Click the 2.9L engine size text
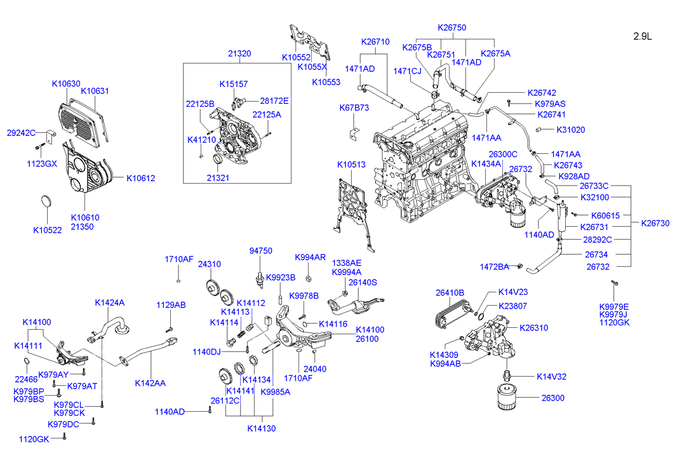point(642,36)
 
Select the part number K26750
point(451,27)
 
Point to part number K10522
point(48,230)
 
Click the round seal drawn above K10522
point(46,201)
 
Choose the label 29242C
point(21,133)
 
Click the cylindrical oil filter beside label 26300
point(508,398)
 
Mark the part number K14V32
point(551,376)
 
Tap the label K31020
point(571,130)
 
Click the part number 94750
point(260,251)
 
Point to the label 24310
point(210,264)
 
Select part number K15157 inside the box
point(234,84)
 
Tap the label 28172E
point(274,100)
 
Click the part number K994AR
point(310,257)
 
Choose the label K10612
point(140,178)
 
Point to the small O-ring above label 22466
point(25,363)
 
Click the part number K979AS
point(550,104)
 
